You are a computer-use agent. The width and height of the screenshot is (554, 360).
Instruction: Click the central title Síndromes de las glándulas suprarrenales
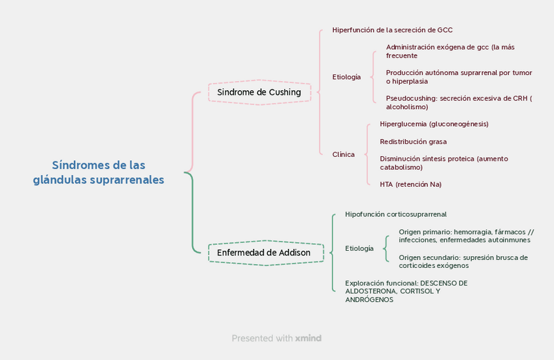point(99,172)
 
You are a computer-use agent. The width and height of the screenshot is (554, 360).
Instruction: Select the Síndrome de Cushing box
point(259,92)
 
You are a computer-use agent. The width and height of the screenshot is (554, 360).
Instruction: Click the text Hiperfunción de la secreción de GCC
point(392,30)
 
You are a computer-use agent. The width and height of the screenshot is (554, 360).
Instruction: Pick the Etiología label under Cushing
point(346,77)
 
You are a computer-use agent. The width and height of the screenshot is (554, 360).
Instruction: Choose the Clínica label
point(344,155)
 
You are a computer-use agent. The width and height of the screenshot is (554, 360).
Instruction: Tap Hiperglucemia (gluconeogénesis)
point(434,124)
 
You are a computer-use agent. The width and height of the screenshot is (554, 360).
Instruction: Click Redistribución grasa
point(413,142)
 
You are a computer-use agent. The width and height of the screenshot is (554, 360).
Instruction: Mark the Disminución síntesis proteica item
point(444,163)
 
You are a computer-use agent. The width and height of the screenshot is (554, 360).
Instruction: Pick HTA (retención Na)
point(410,184)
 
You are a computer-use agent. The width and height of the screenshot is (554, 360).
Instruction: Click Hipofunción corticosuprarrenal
point(396,214)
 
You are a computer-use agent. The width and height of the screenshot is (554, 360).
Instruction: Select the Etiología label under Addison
point(359,248)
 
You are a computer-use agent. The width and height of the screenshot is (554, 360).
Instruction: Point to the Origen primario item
point(466,236)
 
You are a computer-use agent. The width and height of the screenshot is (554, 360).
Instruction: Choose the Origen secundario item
point(463,261)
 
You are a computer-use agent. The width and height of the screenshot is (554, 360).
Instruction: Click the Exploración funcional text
point(406,291)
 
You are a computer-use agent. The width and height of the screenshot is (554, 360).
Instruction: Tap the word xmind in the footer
point(308,338)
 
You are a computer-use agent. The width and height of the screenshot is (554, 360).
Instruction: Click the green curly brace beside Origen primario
point(387,248)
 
